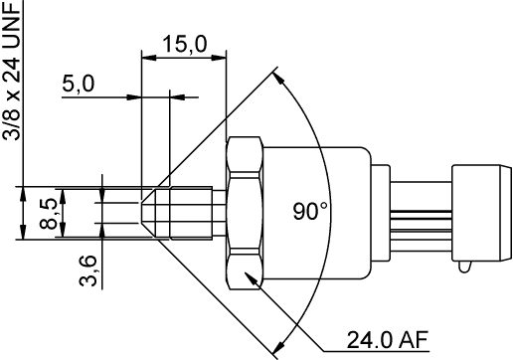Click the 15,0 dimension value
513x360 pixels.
(185, 45)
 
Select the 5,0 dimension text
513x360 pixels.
(78, 86)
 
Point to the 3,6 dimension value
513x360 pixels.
(86, 268)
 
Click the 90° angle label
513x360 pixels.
(311, 211)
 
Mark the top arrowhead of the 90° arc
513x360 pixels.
(282, 77)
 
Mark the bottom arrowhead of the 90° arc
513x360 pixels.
(282, 346)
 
